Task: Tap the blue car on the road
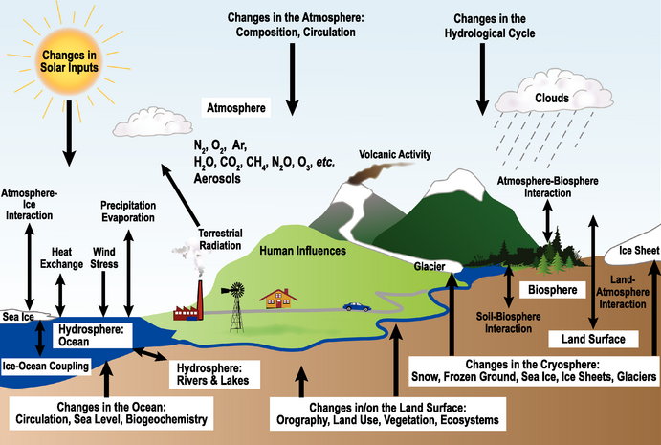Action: point(357,306)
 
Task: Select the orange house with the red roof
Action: point(278,299)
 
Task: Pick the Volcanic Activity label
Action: point(395,154)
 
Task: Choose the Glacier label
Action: point(430,268)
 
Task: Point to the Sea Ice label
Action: point(18,317)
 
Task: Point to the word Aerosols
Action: point(220,179)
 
